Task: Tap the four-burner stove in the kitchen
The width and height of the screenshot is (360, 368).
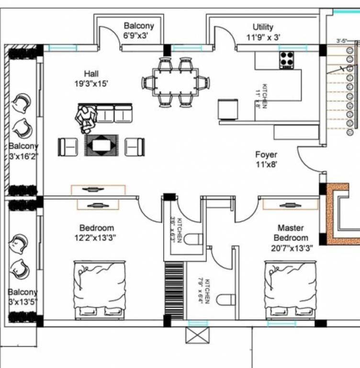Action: coord(286,60)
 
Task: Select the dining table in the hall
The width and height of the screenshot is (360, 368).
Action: coord(175,82)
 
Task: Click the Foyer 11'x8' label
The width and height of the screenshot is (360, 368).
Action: coord(266,159)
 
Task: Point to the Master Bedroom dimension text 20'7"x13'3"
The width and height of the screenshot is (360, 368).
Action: coord(291,248)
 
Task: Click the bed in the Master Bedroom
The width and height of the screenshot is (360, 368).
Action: coord(290,289)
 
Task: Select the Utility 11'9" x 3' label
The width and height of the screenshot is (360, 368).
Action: coord(263,31)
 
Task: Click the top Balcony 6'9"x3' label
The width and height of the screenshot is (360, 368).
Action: coord(139,30)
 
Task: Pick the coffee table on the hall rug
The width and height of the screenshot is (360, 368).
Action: coord(101,145)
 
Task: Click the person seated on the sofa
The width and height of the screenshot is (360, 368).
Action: coord(85,118)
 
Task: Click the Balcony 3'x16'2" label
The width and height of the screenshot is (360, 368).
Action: coord(23,150)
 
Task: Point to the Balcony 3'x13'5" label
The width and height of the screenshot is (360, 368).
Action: coord(23,297)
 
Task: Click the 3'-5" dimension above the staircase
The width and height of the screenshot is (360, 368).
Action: coord(341,41)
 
